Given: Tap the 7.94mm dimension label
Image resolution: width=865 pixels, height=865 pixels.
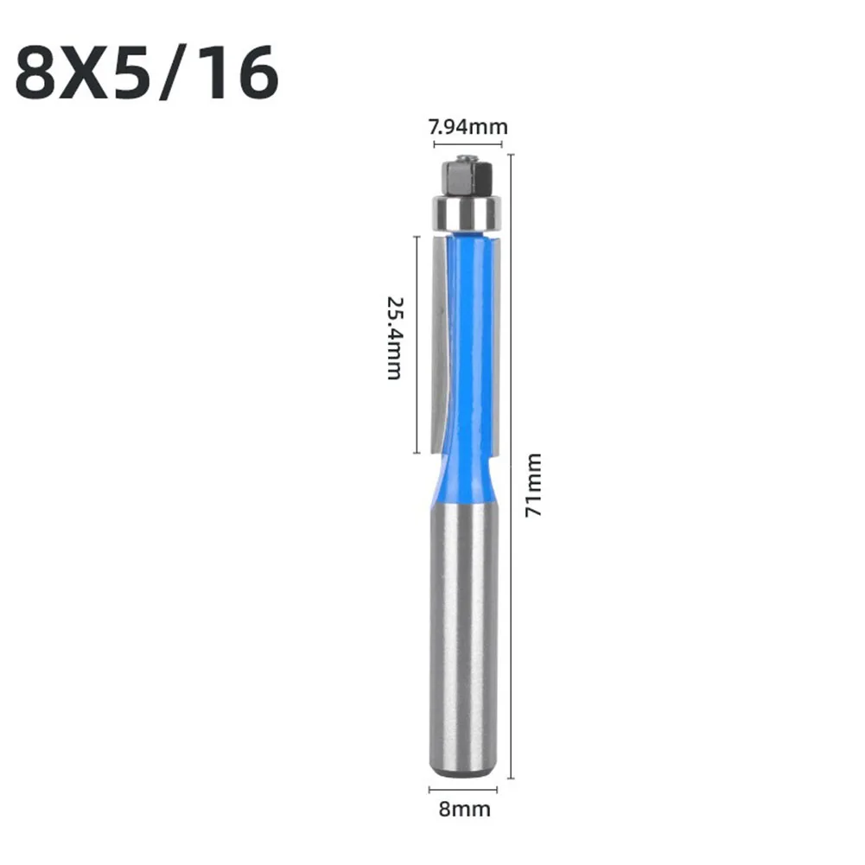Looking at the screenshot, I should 467,127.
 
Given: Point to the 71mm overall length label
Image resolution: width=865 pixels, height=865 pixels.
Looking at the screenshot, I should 533,485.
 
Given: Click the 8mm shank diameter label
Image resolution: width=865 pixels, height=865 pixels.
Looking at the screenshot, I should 464,809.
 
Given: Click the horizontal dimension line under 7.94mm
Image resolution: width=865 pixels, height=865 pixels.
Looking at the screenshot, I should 467,144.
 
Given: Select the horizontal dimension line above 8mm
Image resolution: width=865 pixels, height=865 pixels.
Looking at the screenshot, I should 464,789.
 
